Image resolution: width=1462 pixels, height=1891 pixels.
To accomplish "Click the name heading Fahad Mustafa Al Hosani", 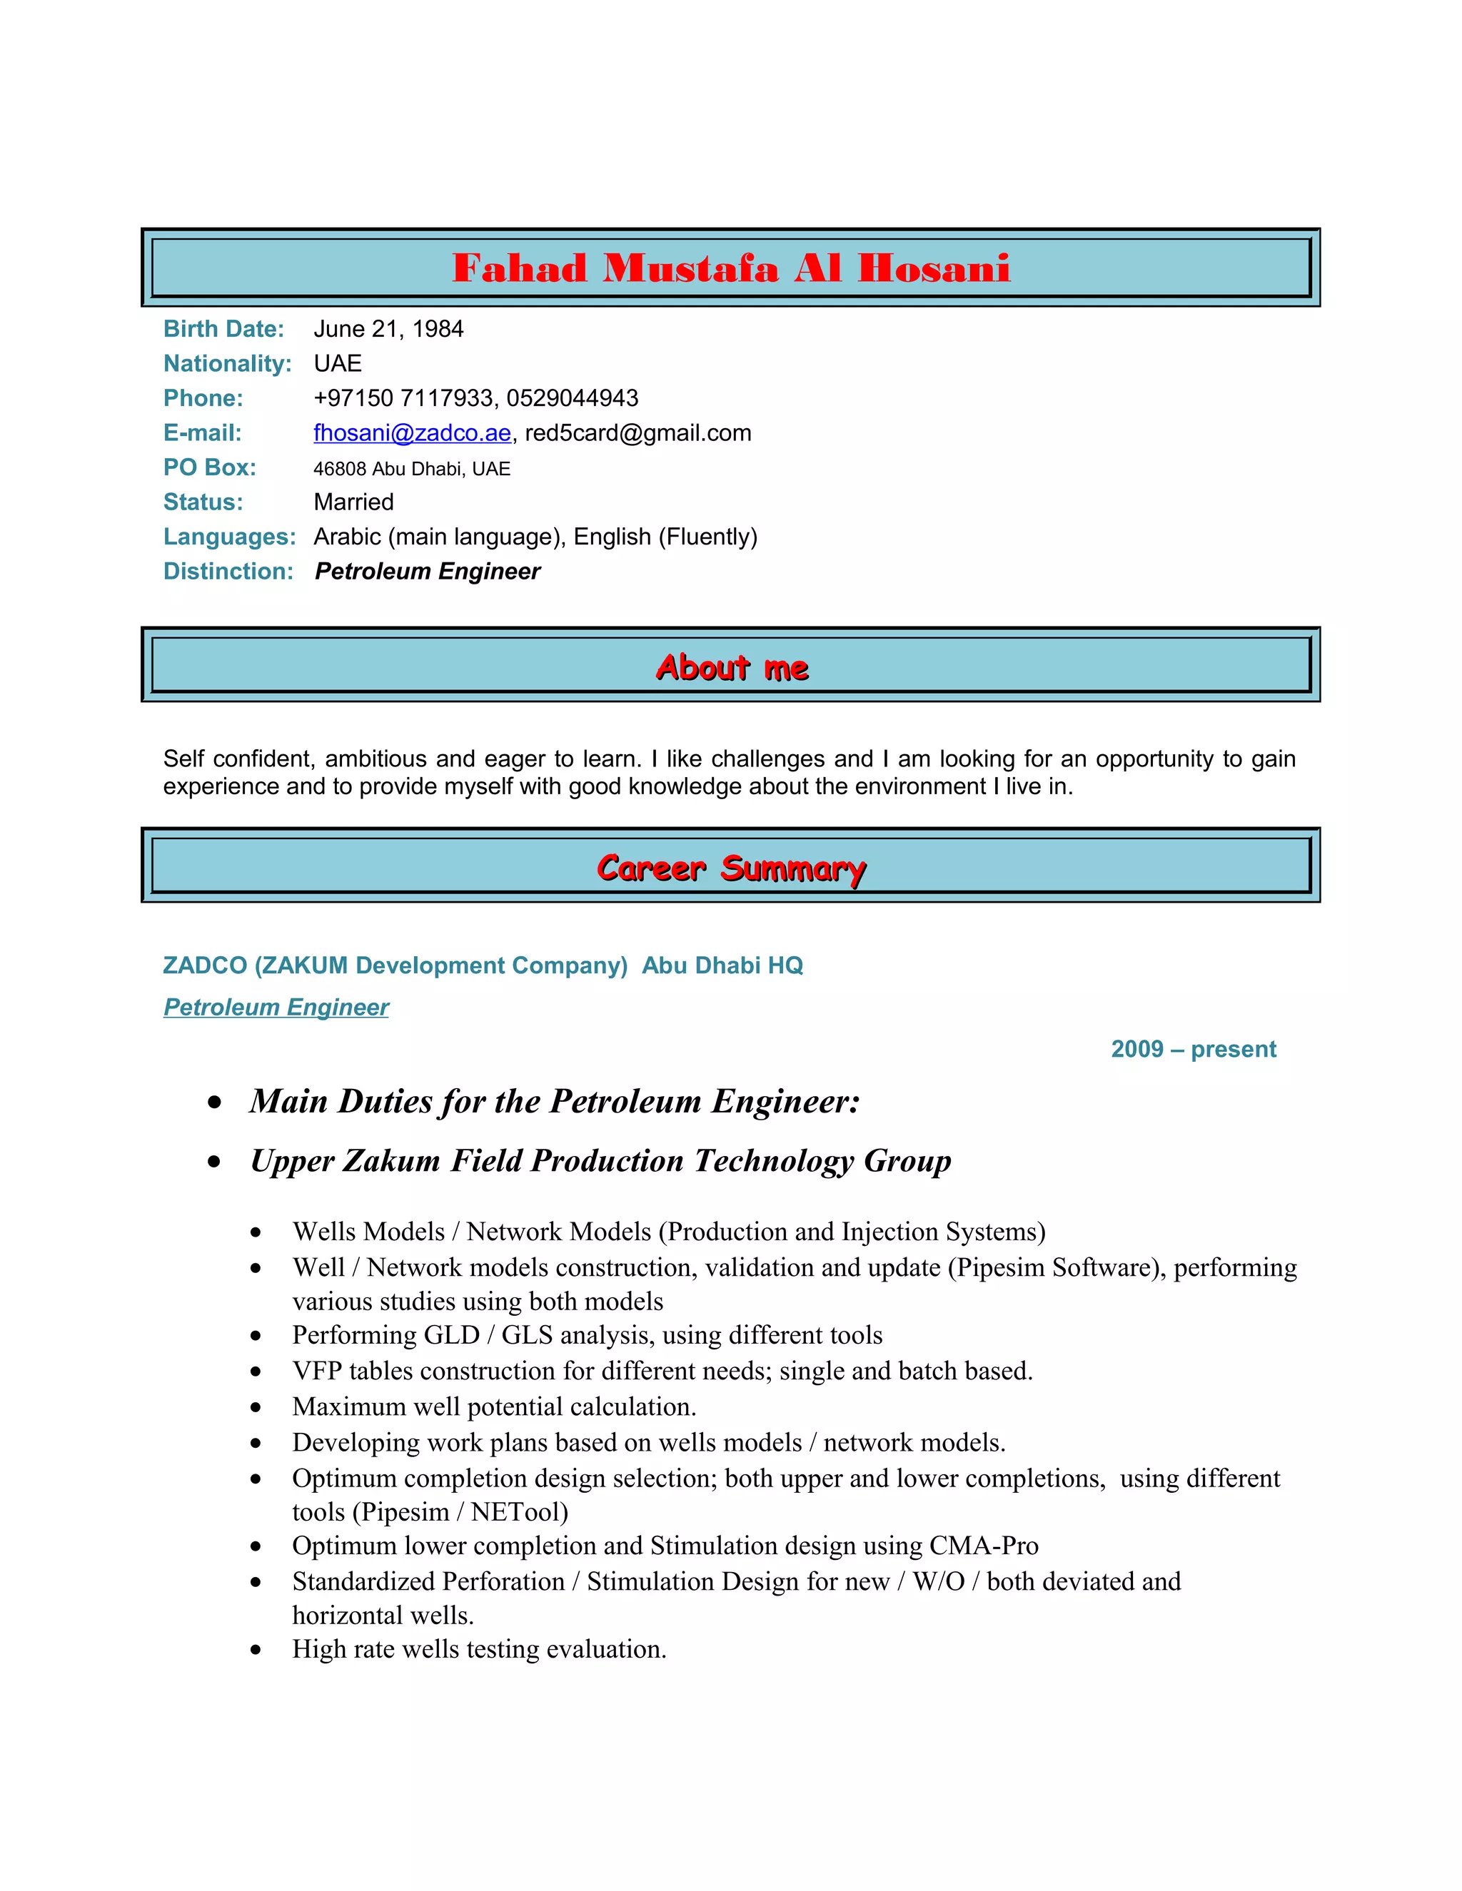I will point(730,268).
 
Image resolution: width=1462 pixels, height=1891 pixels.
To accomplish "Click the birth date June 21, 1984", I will point(388,329).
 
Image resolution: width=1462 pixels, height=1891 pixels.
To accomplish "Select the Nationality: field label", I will point(227,364).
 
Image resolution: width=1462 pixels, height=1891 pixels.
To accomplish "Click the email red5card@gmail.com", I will point(637,433).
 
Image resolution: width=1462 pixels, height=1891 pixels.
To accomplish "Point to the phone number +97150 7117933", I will point(403,398).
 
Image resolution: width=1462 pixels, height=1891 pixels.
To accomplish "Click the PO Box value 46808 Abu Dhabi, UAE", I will point(411,468).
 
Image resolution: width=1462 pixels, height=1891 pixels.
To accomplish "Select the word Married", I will point(353,502).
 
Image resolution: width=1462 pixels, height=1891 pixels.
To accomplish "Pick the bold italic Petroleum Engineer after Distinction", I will point(427,572).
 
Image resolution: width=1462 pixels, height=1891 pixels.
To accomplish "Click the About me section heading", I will point(731,668).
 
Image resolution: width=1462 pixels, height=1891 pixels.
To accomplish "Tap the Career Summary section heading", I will point(731,868).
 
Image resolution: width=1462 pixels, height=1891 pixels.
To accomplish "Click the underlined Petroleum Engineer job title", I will point(276,1007).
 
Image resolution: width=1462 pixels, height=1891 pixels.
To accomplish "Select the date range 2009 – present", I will point(1193,1050).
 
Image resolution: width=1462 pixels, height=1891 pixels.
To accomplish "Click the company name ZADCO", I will point(204,965).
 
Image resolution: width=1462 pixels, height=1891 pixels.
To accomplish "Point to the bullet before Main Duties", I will point(215,1102).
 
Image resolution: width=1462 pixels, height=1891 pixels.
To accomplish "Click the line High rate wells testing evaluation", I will point(479,1648).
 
